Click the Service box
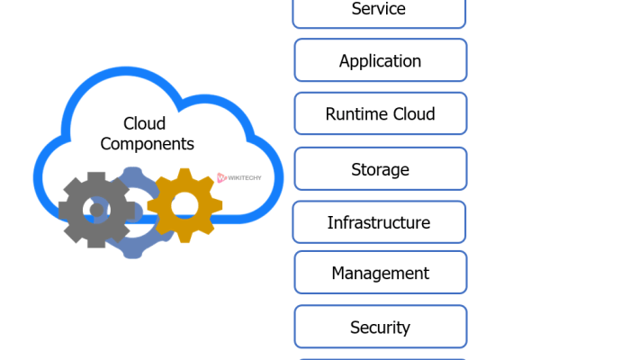click(379, 11)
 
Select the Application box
click(380, 60)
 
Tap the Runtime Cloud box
click(380, 113)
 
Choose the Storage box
click(380, 168)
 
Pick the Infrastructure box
click(379, 221)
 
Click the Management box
click(380, 272)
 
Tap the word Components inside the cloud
click(147, 143)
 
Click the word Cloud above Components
click(145, 123)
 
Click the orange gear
click(184, 204)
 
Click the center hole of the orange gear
click(184, 204)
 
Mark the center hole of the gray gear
click(95, 211)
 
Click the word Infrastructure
click(379, 222)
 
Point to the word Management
click(380, 273)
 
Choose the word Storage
click(380, 169)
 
